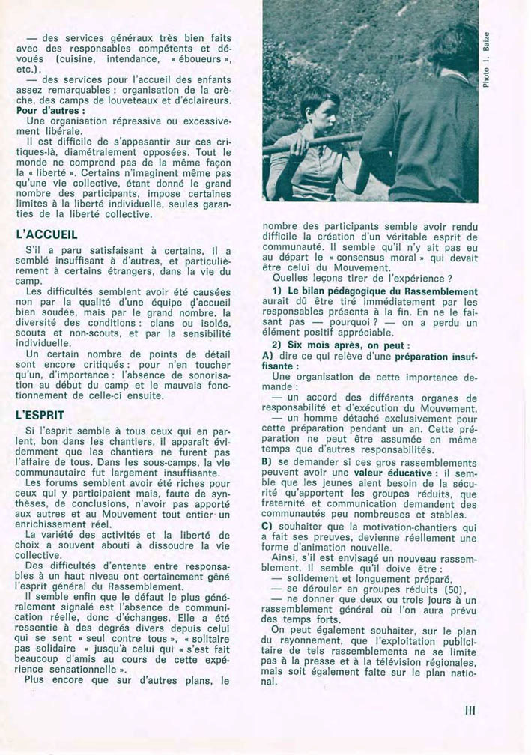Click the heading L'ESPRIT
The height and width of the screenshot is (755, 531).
46,414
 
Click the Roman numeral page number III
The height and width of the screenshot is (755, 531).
470,710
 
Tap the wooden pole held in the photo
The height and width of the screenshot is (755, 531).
315,141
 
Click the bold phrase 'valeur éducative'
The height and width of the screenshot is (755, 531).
385,473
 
